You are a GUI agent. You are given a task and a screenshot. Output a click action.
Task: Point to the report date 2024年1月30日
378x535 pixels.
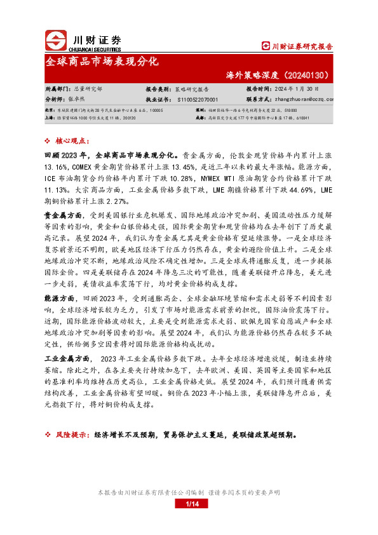pyautogui.click(x=290, y=90)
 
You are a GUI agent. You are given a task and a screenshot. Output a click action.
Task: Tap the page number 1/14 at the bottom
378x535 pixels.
pyautogui.click(x=192, y=505)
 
